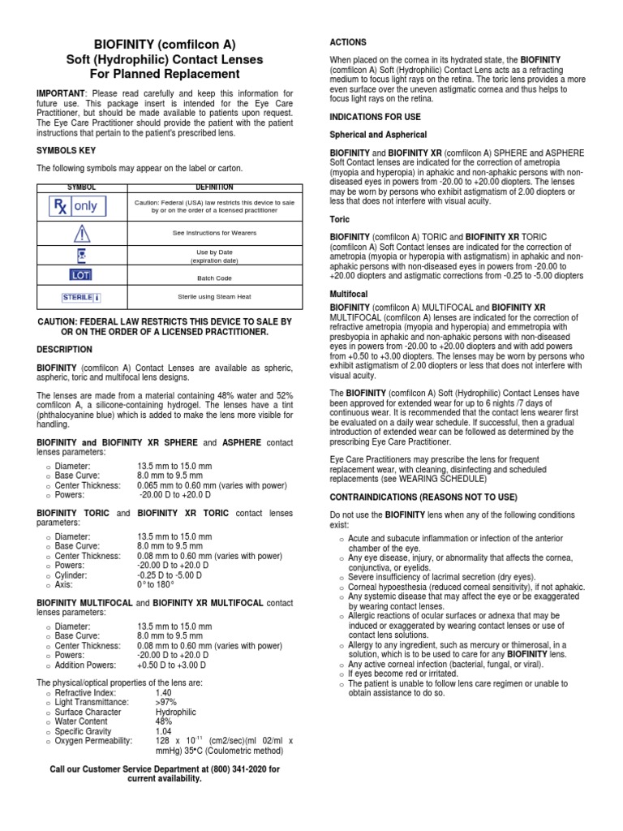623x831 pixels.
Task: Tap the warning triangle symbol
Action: (x=80, y=234)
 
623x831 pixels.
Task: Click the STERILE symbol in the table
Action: (x=80, y=297)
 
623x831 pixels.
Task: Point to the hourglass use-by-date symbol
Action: (x=81, y=255)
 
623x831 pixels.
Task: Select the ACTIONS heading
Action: (x=347, y=41)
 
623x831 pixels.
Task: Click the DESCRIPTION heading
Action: (x=65, y=349)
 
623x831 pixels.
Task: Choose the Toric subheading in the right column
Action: (x=339, y=219)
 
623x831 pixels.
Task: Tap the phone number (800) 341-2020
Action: (x=232, y=769)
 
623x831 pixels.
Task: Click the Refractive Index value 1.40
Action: (x=164, y=692)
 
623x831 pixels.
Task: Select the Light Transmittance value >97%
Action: (x=166, y=702)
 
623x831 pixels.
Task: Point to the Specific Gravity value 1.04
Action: (x=164, y=731)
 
